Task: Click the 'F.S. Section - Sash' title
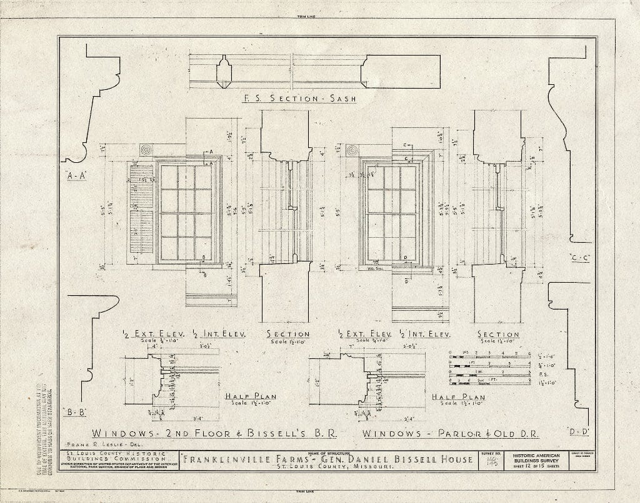click(299, 99)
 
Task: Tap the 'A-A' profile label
click(75, 175)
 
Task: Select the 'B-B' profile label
click(74, 411)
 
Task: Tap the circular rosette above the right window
click(352, 151)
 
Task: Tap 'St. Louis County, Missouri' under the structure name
click(326, 468)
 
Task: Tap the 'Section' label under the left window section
click(288, 334)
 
